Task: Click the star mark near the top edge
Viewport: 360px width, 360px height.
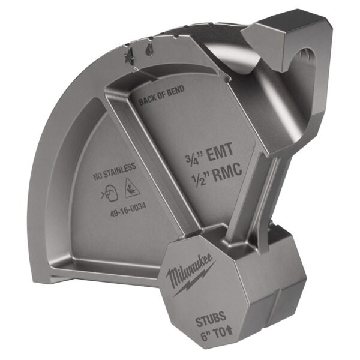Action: coord(127,58)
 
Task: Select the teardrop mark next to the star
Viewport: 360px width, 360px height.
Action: coord(148,51)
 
